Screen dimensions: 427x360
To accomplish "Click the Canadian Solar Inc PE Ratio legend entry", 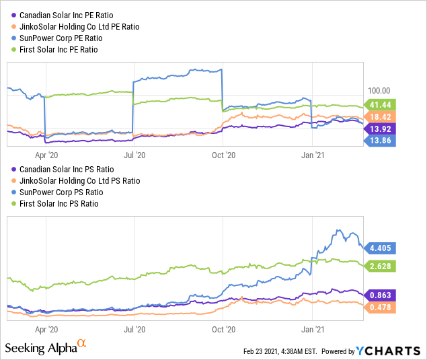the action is [x=63, y=15].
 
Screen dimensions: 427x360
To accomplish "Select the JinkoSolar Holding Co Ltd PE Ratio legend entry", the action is [x=75, y=27].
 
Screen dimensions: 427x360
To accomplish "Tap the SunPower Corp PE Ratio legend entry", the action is [x=57, y=38].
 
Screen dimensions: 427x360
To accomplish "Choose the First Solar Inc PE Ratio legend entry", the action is [x=54, y=50].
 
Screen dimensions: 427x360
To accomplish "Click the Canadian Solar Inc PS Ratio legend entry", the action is [x=63, y=170].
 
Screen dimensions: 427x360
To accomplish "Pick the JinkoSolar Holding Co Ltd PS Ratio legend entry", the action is [x=76, y=181].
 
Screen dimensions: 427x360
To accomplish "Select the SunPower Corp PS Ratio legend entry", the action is [x=57, y=192].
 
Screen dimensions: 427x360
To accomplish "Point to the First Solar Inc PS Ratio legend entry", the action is [x=54, y=204].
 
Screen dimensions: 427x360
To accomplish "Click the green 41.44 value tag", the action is [x=380, y=105].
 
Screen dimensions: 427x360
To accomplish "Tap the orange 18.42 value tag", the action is [x=380, y=117].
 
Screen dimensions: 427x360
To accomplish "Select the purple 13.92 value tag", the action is [x=380, y=129].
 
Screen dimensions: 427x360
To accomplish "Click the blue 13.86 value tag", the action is [x=380, y=141].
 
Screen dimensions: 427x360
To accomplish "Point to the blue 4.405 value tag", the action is [x=380, y=248].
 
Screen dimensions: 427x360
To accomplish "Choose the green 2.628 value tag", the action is [x=380, y=266].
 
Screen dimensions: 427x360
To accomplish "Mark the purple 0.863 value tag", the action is [x=380, y=295].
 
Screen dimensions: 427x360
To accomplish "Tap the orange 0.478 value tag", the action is [x=380, y=308].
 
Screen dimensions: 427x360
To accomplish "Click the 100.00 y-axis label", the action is [x=379, y=91].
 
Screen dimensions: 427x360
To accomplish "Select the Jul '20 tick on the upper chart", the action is [x=134, y=155].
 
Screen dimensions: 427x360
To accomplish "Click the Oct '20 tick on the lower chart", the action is [x=223, y=330].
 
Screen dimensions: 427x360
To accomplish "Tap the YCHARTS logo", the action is [x=388, y=351].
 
